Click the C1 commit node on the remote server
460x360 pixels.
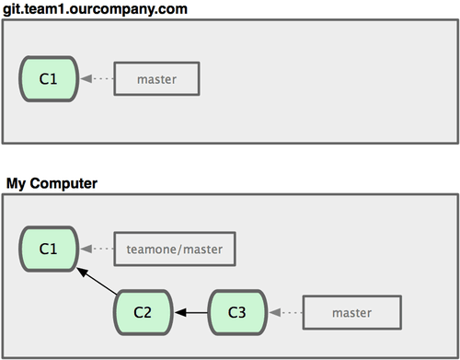point(49,79)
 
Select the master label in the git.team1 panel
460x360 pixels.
point(156,79)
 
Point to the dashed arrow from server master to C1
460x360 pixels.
point(97,79)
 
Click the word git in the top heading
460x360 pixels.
point(12,9)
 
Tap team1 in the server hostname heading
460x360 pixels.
point(45,9)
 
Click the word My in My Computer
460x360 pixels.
point(17,183)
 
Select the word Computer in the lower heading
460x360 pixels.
point(63,183)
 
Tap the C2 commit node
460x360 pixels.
point(143,312)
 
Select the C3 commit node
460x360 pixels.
point(236,312)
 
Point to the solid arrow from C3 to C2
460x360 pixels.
point(190,312)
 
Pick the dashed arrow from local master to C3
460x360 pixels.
point(284,312)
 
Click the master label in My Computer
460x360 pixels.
point(352,312)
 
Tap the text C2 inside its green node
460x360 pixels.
point(143,312)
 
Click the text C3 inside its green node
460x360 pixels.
point(236,312)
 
